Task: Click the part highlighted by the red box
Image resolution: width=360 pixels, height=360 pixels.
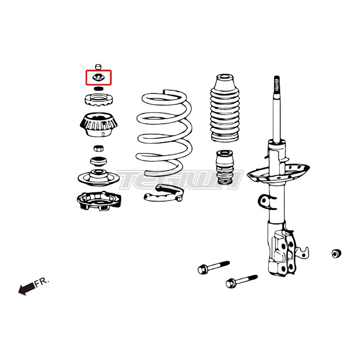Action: pos(98,77)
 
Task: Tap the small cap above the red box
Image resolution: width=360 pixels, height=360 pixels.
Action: pos(98,67)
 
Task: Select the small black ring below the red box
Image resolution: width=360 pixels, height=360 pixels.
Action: pos(99,89)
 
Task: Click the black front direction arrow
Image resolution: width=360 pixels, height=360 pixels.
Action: pos(27,288)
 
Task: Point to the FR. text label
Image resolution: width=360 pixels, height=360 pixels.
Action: pos(41,282)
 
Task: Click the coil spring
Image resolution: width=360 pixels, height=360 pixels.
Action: pos(164,133)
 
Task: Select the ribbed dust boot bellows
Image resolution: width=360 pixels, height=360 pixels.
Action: pos(225,108)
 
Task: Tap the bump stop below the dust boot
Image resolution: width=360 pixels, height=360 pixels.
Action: pos(225,167)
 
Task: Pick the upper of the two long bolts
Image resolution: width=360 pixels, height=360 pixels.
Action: pos(213,267)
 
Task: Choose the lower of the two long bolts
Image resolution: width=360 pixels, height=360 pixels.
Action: pos(242,281)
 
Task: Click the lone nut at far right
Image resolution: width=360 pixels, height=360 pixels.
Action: pos(336,253)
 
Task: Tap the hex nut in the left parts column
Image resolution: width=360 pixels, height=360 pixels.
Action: pos(99,148)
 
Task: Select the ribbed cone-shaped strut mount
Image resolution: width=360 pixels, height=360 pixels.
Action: pos(99,125)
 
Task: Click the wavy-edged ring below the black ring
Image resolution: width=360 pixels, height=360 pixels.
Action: pos(99,100)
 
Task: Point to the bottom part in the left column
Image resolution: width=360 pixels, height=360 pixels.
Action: pos(99,202)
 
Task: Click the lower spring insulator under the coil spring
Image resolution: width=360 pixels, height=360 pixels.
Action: pos(164,193)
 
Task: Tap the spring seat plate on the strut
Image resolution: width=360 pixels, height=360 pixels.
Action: pos(278,173)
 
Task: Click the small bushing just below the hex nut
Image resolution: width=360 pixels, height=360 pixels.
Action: pos(98,161)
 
